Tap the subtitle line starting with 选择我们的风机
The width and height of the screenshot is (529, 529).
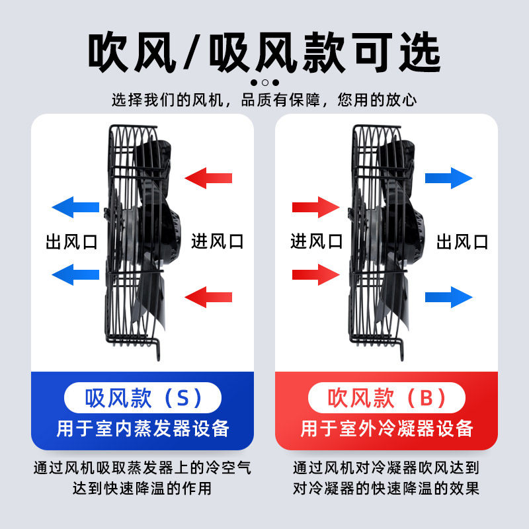pos(264,101)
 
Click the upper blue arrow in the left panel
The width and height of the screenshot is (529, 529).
pos(75,206)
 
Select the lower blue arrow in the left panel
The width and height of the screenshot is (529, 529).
pos(75,272)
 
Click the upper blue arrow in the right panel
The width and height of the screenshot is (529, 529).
pos(448,177)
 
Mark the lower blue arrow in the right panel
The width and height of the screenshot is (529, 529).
pos(448,296)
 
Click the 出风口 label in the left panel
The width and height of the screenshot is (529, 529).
pos(71,241)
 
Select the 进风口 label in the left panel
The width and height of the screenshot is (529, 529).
pos(218,241)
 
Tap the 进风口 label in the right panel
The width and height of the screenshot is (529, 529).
pos(317,241)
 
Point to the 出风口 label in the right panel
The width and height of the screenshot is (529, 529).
pos(462,241)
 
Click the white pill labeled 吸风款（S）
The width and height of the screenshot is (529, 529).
pos(143,398)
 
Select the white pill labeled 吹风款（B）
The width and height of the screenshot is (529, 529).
pos(387,398)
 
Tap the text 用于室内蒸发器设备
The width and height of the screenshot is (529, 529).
pos(143,428)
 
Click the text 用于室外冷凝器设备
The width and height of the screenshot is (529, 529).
pos(387,428)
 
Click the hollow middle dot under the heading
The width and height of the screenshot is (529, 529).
pos(264,83)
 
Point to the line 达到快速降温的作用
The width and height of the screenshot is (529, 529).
pos(143,489)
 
